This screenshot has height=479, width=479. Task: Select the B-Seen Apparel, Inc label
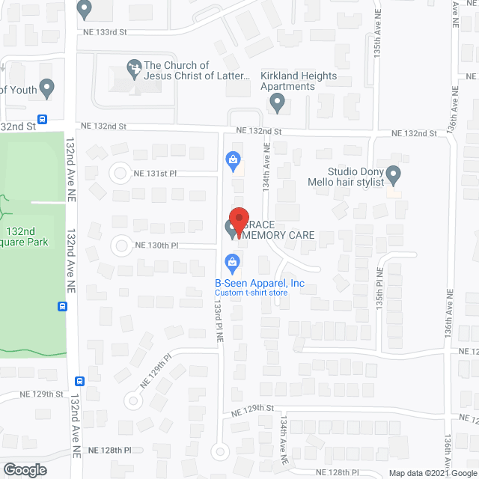(260, 283)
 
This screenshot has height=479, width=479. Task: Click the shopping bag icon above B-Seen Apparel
(233, 262)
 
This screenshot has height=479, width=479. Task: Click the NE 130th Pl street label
(158, 245)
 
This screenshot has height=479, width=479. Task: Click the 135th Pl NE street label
(380, 288)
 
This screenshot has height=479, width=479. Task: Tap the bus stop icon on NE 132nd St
(43, 119)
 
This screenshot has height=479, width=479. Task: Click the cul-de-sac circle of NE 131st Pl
(120, 173)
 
